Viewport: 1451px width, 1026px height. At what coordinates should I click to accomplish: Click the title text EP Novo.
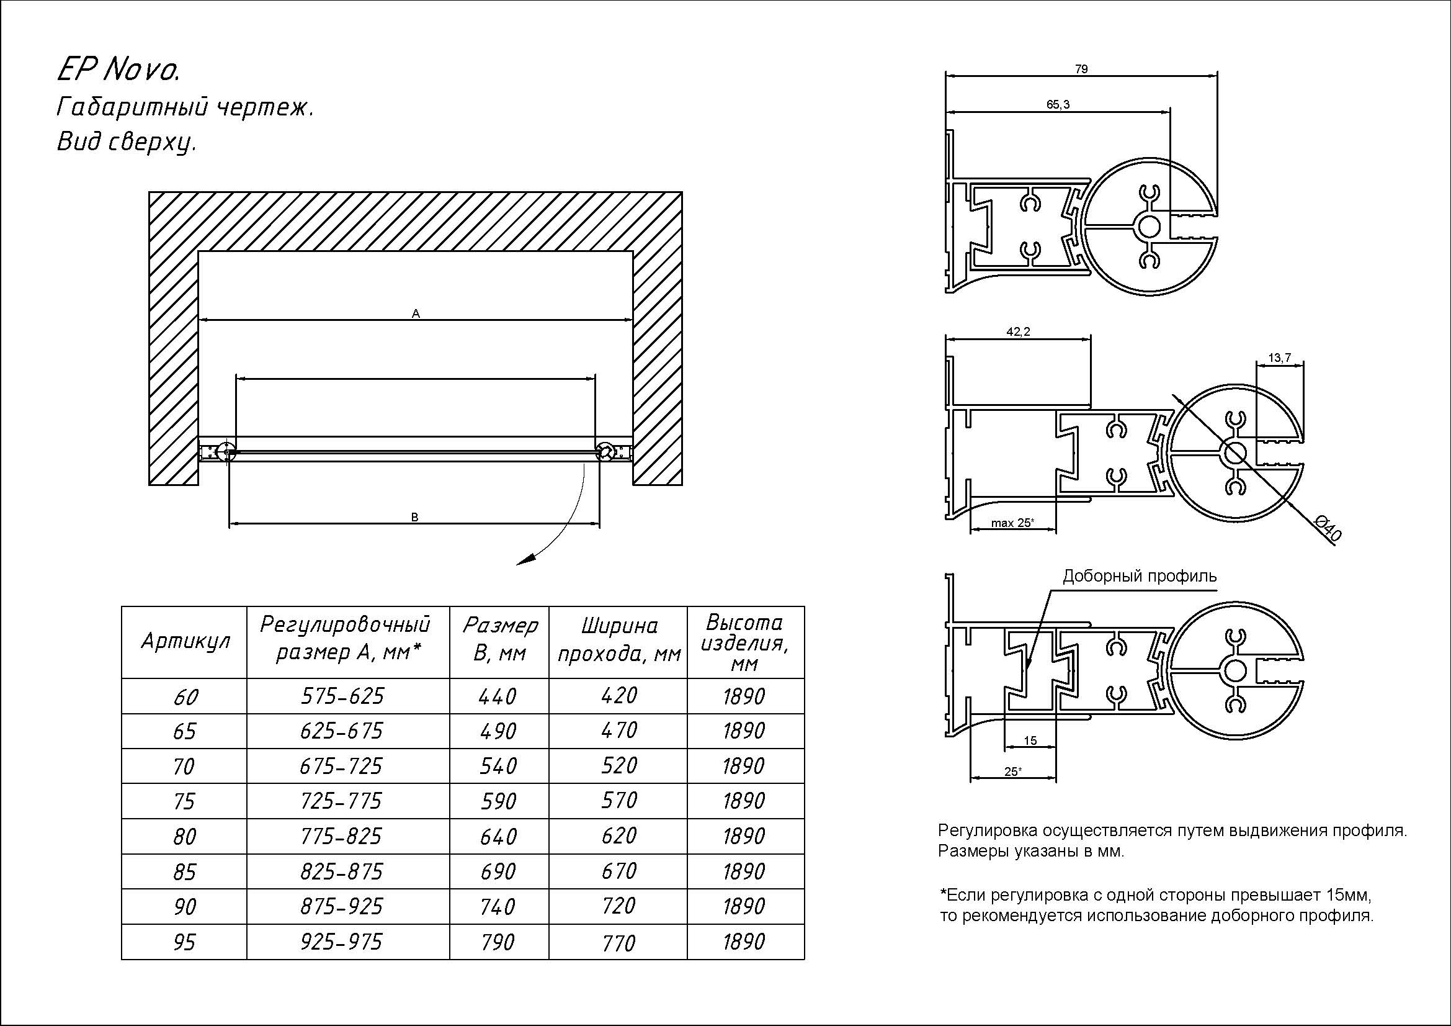[119, 70]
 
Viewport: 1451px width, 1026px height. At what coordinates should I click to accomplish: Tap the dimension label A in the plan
[416, 313]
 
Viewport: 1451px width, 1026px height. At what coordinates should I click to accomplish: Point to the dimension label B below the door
[414, 517]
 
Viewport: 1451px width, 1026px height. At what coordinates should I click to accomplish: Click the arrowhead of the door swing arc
[527, 559]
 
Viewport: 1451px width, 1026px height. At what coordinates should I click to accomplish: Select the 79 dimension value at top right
[1081, 69]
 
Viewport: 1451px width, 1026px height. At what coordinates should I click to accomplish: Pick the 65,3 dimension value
[1058, 104]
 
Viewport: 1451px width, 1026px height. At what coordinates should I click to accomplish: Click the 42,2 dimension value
[1018, 332]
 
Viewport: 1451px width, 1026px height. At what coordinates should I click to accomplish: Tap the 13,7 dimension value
[1280, 358]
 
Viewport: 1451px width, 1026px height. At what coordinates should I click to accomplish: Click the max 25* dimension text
[1012, 523]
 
